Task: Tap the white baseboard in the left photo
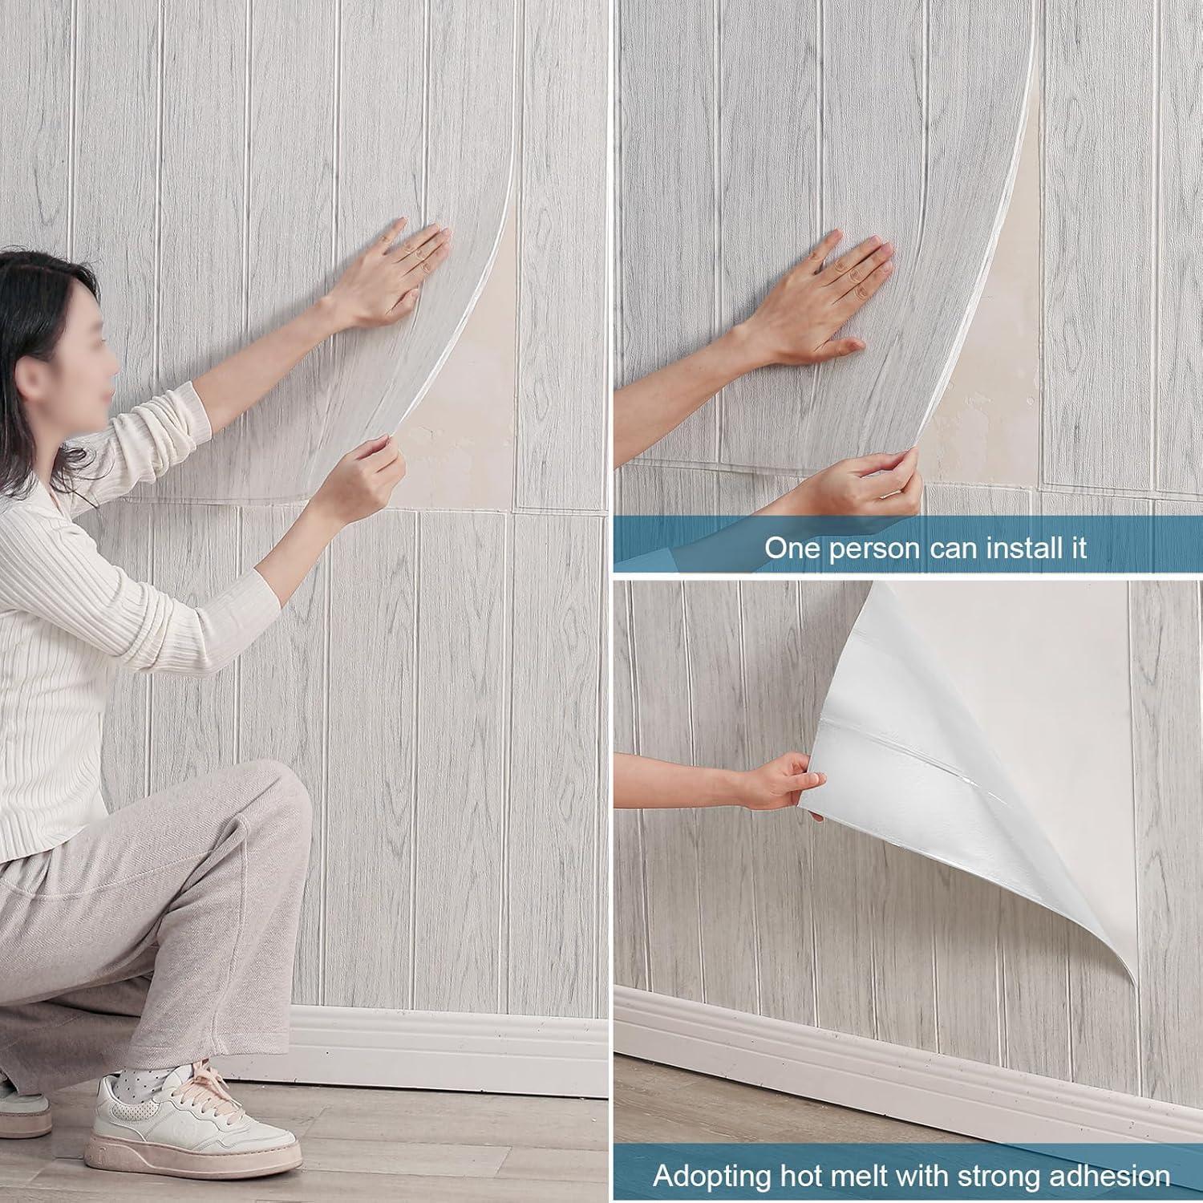point(449,1051)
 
